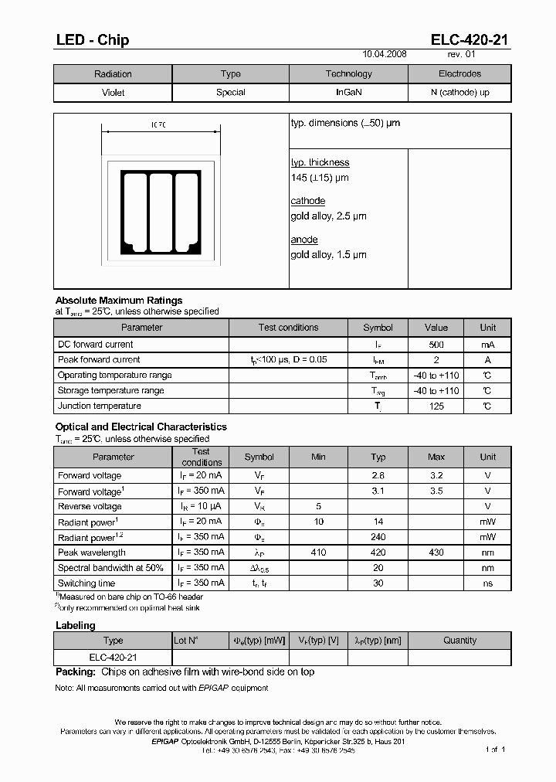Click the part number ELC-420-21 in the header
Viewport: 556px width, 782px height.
point(469,40)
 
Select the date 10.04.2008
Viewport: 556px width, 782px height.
point(385,55)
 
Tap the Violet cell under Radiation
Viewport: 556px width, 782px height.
point(113,92)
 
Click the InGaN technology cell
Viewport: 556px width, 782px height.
point(348,92)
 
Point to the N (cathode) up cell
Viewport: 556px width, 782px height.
point(459,92)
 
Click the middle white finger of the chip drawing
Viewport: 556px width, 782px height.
point(161,212)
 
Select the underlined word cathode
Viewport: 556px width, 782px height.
point(307,201)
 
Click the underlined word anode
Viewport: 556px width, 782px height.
point(303,240)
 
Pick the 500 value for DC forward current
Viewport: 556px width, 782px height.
point(436,345)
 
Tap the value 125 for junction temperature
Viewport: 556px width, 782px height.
point(436,406)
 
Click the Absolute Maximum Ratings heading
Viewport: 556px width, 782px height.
point(119,300)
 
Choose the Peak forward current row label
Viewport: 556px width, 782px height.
point(99,359)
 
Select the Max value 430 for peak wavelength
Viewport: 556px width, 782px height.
point(436,552)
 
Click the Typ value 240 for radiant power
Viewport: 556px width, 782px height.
point(378,537)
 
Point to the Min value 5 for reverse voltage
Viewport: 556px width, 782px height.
point(318,506)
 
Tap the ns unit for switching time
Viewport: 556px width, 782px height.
point(487,583)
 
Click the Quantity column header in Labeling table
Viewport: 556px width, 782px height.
point(459,640)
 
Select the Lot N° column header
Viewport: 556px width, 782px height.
point(186,640)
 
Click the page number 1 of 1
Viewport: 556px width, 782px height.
point(495,750)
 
